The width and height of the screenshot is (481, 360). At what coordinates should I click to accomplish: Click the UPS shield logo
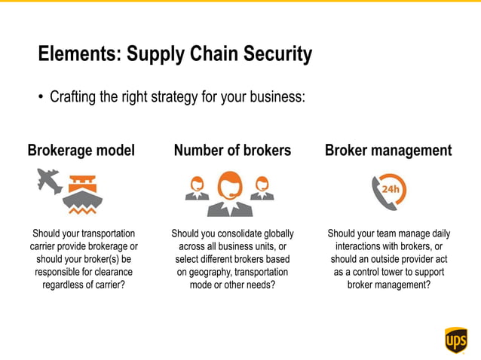(456, 340)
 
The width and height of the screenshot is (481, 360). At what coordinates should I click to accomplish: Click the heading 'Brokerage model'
(81, 151)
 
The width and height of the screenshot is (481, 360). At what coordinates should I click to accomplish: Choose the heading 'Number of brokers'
(232, 151)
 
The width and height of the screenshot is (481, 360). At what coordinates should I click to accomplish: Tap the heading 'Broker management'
(388, 151)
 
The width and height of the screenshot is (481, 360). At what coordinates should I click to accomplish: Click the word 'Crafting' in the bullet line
(74, 97)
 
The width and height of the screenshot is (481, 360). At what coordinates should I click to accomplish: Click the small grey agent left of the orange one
(198, 187)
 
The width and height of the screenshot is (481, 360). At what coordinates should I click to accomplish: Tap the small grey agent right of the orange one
(262, 187)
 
